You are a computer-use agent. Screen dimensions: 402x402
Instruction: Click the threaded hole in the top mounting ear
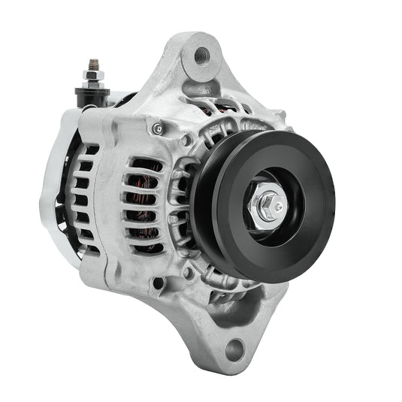click(201, 55)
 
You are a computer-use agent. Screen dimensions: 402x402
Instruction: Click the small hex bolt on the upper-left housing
click(156, 128)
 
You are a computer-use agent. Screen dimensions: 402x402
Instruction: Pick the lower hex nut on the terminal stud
click(92, 84)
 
